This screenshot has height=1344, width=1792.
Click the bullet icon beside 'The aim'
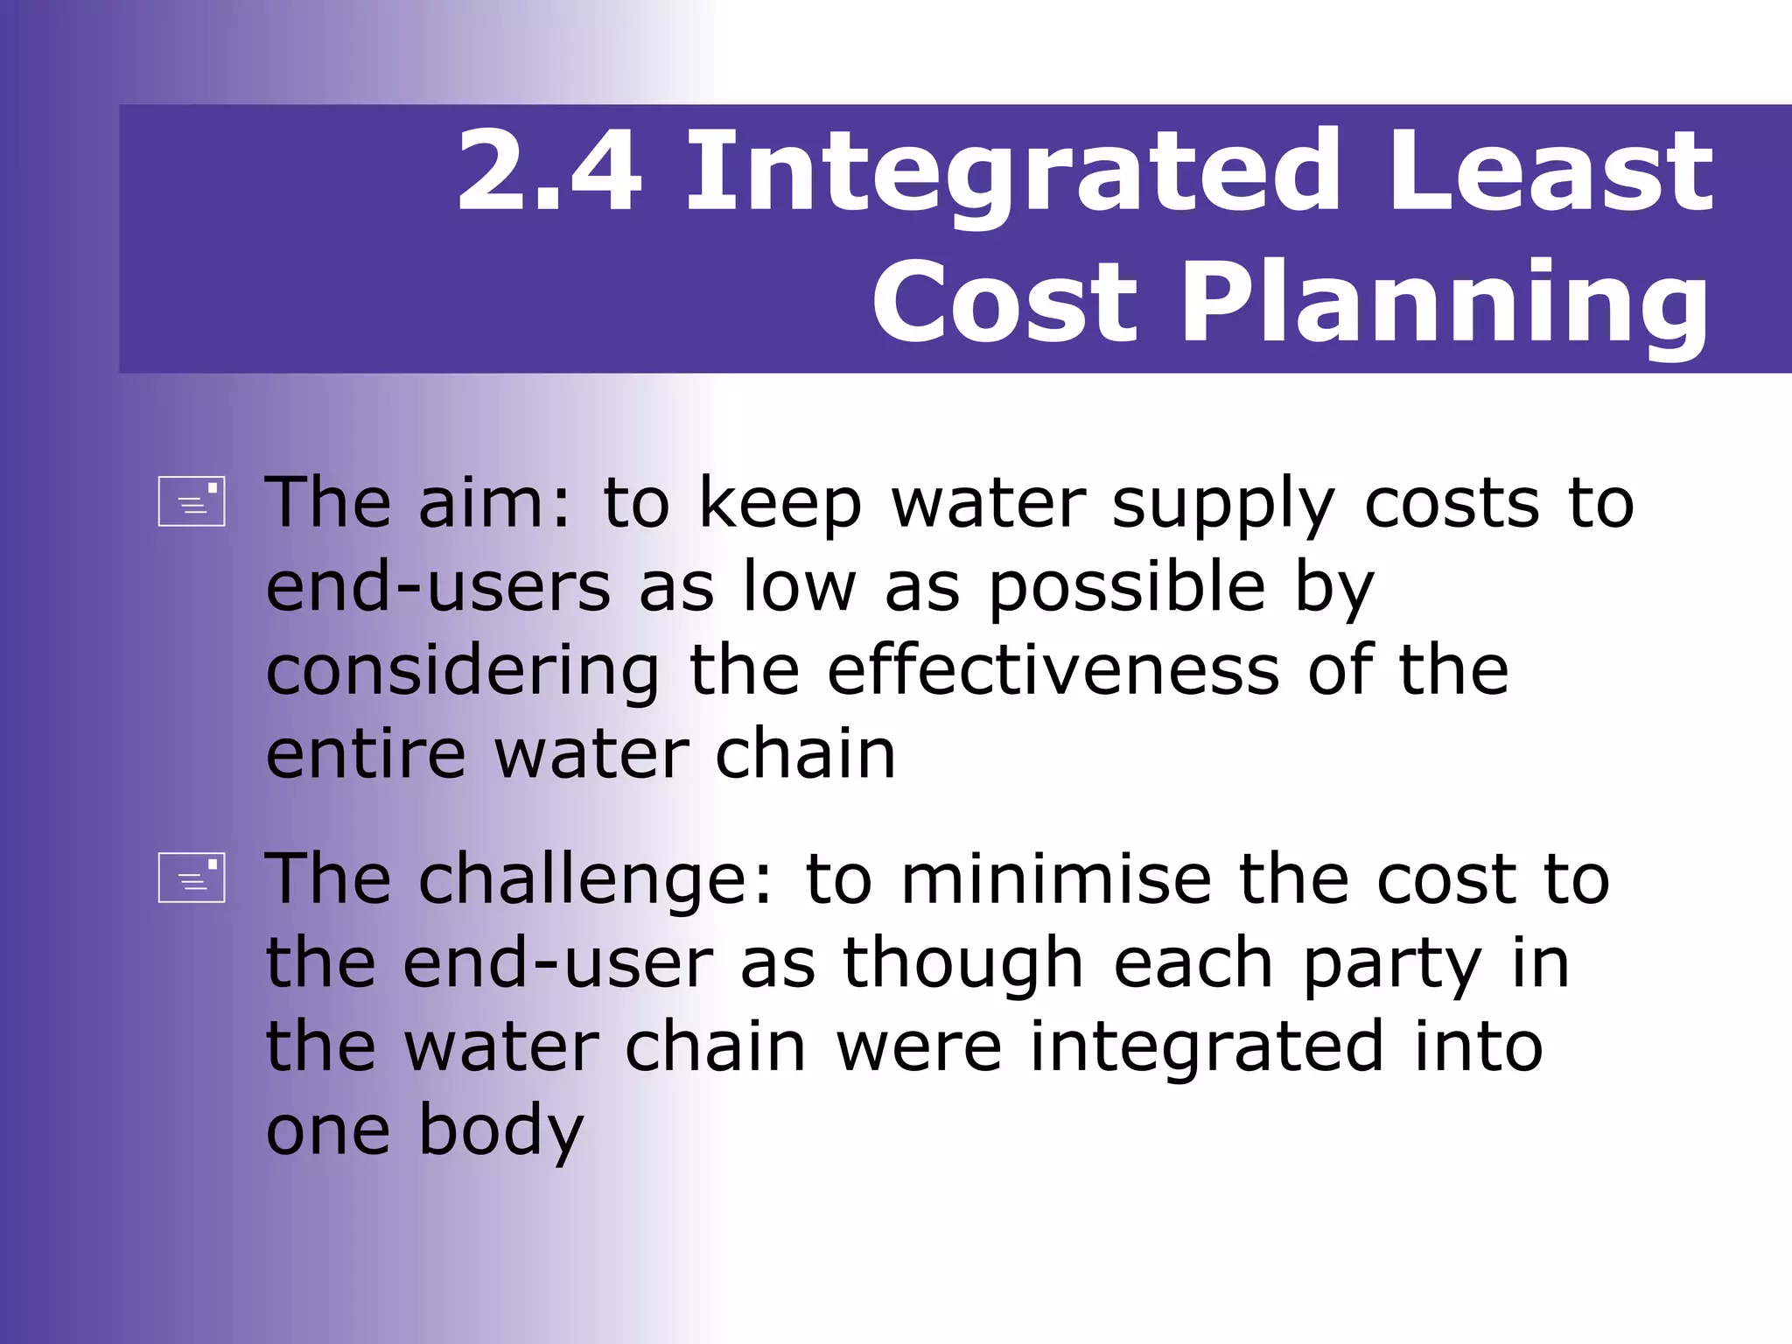coord(192,501)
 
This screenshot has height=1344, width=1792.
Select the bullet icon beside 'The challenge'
coord(192,877)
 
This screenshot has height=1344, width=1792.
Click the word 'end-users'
coord(437,586)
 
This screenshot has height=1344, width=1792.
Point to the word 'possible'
coord(1127,588)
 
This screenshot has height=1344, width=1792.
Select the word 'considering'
coord(463,672)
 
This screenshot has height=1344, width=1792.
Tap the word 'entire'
coord(366,754)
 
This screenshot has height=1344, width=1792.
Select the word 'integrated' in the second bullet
coord(1207,1047)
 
